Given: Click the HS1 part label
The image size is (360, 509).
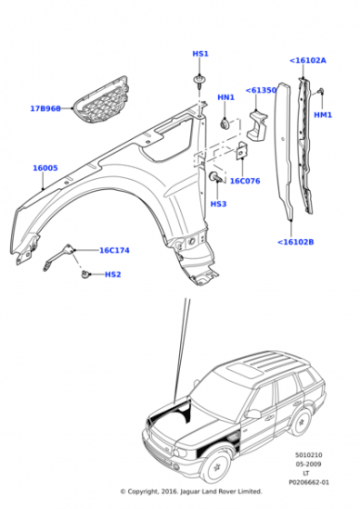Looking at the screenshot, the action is (200, 54).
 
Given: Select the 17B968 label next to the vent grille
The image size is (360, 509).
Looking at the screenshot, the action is (45, 108).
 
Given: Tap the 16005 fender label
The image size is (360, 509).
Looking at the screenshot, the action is (45, 168).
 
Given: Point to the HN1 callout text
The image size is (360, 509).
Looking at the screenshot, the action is (225, 97).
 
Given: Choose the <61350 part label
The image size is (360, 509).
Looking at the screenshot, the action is (261, 90).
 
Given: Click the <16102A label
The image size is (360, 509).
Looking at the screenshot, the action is (308, 60).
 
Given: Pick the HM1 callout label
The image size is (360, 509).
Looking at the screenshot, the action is (323, 115).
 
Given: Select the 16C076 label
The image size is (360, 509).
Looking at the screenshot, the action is (245, 181).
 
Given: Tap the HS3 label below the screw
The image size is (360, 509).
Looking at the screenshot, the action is (218, 204).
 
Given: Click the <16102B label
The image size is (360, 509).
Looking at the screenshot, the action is (295, 242).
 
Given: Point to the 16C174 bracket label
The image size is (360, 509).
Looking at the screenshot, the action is (115, 250).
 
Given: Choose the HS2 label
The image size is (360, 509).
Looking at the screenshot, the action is (113, 274).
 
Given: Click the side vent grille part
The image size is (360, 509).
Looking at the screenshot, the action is (101, 99).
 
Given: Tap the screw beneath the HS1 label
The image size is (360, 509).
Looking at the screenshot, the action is (198, 82).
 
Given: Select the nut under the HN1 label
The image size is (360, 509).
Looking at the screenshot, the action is (225, 124).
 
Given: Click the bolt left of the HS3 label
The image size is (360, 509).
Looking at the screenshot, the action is (217, 177).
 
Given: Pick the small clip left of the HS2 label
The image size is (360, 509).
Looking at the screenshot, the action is (85, 274).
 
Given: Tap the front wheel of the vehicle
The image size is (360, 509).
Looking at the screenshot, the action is (216, 469).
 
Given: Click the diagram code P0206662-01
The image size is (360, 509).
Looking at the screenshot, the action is (309, 483).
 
